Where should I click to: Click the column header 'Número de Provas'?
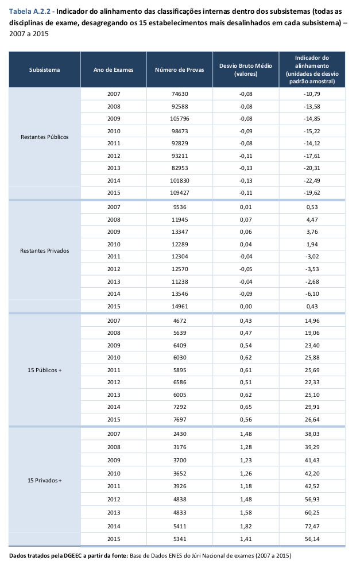[x=180, y=70]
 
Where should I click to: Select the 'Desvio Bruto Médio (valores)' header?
[x=245, y=70]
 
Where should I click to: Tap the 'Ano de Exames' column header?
[x=114, y=70]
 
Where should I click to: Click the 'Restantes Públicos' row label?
[x=44, y=137]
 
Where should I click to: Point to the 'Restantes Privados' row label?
[x=44, y=250]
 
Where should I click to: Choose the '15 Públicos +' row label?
[x=44, y=370]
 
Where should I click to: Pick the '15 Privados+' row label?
[x=44, y=480]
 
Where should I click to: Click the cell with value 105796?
[x=180, y=119]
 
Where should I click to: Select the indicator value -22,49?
[x=312, y=180]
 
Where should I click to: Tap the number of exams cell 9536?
[x=180, y=207]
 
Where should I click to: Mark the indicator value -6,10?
[x=312, y=292]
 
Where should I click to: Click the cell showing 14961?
[x=180, y=306]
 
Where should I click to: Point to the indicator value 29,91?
[x=312, y=405]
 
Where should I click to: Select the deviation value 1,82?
[x=245, y=525]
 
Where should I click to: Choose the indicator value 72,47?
[x=312, y=525]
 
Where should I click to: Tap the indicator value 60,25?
[x=312, y=511]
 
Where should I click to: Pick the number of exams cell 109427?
[x=180, y=193]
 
